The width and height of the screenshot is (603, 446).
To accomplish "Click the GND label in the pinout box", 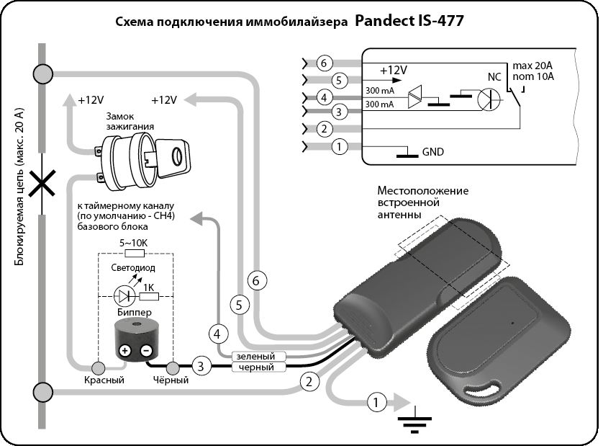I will pyautogui.click(x=433, y=151).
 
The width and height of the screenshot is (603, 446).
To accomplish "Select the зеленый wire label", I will pyautogui.click(x=255, y=357).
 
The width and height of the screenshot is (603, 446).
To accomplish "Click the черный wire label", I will pyautogui.click(x=255, y=367).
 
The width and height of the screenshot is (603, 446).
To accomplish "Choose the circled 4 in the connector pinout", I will pyautogui.click(x=325, y=97).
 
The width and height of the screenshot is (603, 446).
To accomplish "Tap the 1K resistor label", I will pyautogui.click(x=150, y=287).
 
